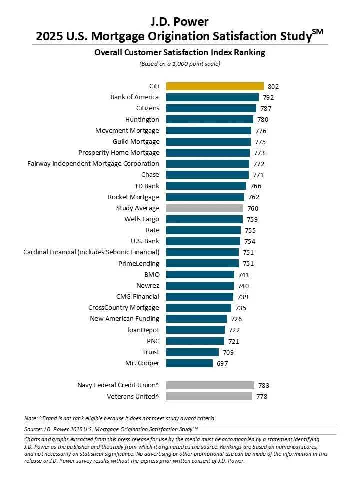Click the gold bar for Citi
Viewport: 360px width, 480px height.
(215, 86)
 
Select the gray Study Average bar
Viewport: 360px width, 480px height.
(204, 208)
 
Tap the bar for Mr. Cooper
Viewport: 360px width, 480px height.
(189, 363)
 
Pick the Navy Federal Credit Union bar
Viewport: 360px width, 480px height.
(210, 385)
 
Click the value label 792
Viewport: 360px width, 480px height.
(268, 98)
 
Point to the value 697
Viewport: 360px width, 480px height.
(222, 364)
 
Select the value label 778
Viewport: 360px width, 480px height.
(262, 397)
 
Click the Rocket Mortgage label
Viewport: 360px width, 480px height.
(133, 197)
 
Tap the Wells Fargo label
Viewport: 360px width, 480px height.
(142, 219)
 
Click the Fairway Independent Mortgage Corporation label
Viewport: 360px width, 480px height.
(93, 163)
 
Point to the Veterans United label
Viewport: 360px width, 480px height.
(133, 396)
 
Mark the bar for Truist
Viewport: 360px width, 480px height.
(192, 352)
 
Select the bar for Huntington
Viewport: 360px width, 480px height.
(209, 119)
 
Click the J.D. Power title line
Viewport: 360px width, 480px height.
(179, 21)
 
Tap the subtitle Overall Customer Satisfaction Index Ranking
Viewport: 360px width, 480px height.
(179, 52)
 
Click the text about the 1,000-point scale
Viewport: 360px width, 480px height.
(179, 64)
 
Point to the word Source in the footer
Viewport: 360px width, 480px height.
(33, 429)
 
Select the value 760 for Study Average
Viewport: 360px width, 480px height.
(253, 208)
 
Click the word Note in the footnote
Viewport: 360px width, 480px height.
(30, 418)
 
